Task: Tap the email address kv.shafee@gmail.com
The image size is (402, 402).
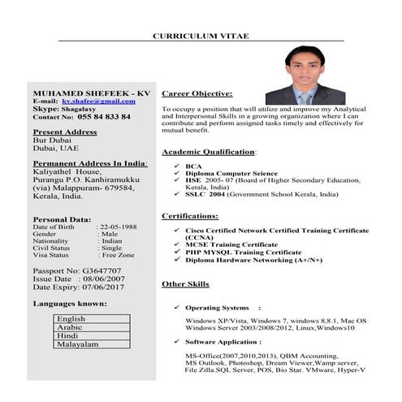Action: pyautogui.click(x=98, y=101)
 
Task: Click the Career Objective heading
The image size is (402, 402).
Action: pyautogui.click(x=197, y=93)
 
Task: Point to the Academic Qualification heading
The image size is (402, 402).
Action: pyautogui.click(x=209, y=152)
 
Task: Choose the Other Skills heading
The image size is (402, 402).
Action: pyautogui.click(x=185, y=284)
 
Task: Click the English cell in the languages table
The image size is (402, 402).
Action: pyautogui.click(x=71, y=319)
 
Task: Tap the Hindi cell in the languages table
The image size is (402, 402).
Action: pyautogui.click(x=68, y=335)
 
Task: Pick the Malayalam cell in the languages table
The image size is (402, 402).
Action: pyautogui.click(x=77, y=344)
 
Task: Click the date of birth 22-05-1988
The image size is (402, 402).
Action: pyautogui.click(x=117, y=227)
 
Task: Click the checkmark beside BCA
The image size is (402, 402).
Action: pyautogui.click(x=177, y=166)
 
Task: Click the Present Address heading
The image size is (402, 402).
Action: pyautogui.click(x=65, y=132)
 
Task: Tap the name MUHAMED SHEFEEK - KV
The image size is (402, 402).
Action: pyautogui.click(x=91, y=93)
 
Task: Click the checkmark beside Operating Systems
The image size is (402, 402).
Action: pyautogui.click(x=177, y=309)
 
